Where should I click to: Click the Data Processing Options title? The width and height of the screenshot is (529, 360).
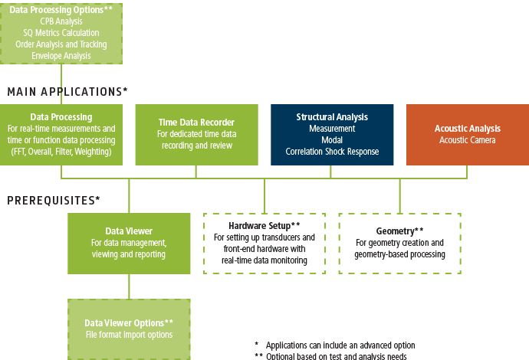(x=61, y=9)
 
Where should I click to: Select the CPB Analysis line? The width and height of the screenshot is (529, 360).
(x=61, y=21)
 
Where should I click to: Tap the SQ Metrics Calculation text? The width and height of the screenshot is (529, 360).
(x=61, y=33)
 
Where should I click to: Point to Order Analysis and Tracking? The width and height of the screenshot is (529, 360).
(x=61, y=44)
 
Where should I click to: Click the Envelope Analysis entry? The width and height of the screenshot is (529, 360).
(x=61, y=56)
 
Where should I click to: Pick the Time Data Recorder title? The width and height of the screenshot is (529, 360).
(x=195, y=122)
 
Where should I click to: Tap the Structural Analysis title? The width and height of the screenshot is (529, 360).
(x=332, y=117)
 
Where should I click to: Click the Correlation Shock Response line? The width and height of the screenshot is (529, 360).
(x=332, y=152)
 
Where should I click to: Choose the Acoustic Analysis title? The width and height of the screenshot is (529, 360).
(x=467, y=129)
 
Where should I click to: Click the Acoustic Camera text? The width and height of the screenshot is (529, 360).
(x=467, y=140)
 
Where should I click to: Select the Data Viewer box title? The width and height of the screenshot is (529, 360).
(x=129, y=231)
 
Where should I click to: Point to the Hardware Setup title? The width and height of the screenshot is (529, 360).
(x=264, y=227)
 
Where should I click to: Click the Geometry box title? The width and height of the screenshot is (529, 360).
(x=399, y=231)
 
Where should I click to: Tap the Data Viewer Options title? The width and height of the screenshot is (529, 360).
(x=129, y=322)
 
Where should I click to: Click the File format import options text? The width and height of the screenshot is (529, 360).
(x=129, y=335)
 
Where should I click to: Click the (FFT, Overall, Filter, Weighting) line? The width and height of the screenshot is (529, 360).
(x=61, y=152)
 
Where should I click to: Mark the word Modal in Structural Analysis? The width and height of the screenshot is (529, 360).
(x=332, y=140)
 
